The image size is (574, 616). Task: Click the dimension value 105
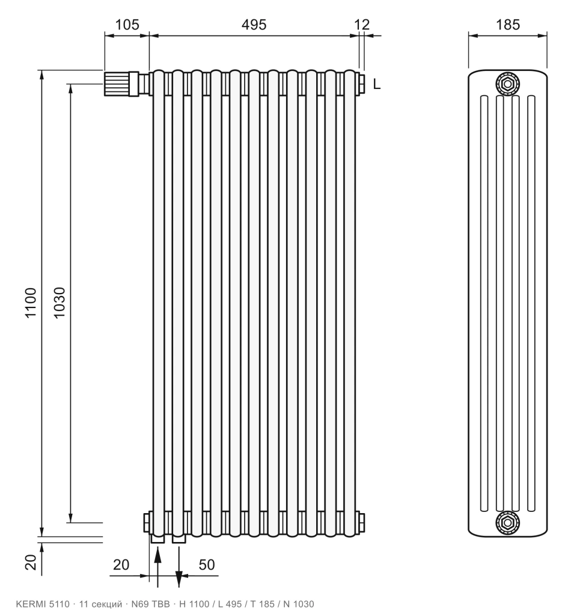[x=127, y=25]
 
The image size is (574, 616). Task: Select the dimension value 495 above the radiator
[x=254, y=25]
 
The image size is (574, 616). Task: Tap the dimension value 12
[x=362, y=25]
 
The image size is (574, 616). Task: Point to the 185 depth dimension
[x=508, y=25]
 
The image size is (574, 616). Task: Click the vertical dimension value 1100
[x=31, y=303]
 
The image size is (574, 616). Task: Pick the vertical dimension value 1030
[x=59, y=303]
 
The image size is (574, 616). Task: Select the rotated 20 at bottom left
[x=31, y=562]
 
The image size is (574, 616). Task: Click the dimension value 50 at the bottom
[x=207, y=564]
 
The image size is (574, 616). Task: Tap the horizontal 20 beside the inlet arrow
[x=121, y=564]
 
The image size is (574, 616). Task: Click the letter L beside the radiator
[x=376, y=84]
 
